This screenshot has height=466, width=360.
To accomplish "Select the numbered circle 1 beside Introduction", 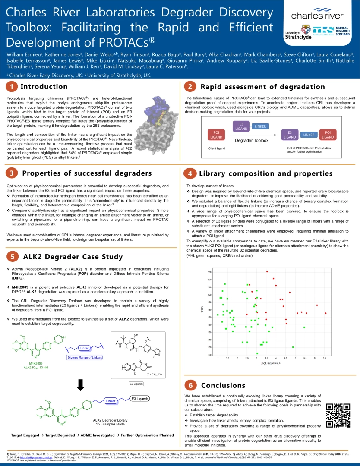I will tap(12, 87).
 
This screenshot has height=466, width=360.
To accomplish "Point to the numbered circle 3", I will tap(12, 173).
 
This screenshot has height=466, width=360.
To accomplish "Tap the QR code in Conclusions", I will tap(338, 415).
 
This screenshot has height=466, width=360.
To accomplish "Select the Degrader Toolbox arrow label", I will tap(252, 140).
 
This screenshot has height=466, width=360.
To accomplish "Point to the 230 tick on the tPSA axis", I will tap(209, 272).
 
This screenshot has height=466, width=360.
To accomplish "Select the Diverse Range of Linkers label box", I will tap(85, 357).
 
